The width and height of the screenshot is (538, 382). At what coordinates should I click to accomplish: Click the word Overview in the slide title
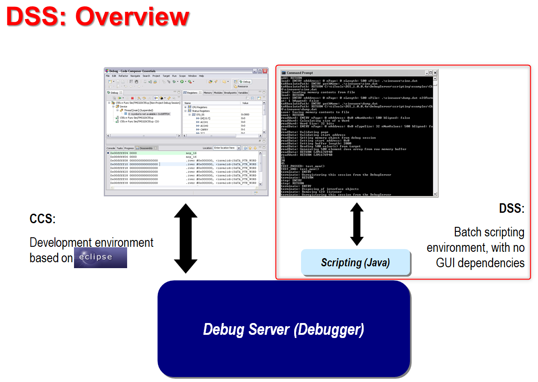[132, 17]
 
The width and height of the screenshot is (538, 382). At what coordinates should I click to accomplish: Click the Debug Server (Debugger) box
[283, 329]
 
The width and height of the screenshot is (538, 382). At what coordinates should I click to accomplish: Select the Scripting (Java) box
[355, 262]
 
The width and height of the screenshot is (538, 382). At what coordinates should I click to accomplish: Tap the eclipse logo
[100, 257]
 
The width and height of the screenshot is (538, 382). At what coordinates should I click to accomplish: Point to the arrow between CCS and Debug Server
[185, 238]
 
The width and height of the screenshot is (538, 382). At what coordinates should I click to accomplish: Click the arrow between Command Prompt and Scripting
[357, 224]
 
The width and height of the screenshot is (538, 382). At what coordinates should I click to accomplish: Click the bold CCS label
[42, 219]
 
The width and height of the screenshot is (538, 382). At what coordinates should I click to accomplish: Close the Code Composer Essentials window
[265, 71]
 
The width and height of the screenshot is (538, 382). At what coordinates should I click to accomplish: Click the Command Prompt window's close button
[435, 73]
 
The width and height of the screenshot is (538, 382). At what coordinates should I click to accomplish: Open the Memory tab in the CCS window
[207, 93]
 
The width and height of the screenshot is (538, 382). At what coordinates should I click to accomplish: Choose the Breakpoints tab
[230, 93]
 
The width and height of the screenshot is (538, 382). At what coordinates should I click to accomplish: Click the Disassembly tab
[146, 148]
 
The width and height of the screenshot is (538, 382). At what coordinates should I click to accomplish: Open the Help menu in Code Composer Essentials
[201, 76]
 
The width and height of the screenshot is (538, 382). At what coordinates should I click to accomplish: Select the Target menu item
[166, 76]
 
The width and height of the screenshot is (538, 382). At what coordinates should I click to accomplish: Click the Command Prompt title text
[300, 73]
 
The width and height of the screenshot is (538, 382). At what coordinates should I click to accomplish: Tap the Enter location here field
[226, 148]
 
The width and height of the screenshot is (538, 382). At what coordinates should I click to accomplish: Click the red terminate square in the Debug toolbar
[132, 98]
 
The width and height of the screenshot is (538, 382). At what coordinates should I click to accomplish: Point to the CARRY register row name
[204, 129]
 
